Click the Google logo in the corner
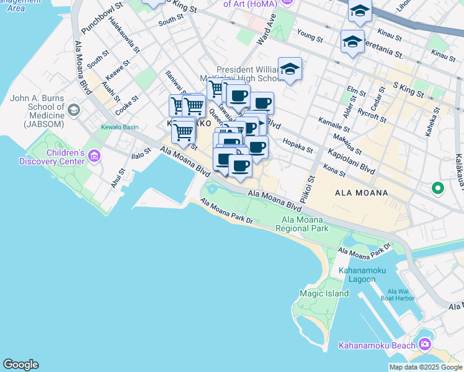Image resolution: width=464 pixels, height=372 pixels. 20,365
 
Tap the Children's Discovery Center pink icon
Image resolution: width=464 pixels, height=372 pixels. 94,155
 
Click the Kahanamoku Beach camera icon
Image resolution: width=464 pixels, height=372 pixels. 426,344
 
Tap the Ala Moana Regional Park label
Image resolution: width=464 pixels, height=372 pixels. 304,224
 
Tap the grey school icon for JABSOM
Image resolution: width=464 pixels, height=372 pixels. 74,110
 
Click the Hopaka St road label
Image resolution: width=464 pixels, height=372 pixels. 298,145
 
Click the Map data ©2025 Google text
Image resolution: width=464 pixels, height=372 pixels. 425,367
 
